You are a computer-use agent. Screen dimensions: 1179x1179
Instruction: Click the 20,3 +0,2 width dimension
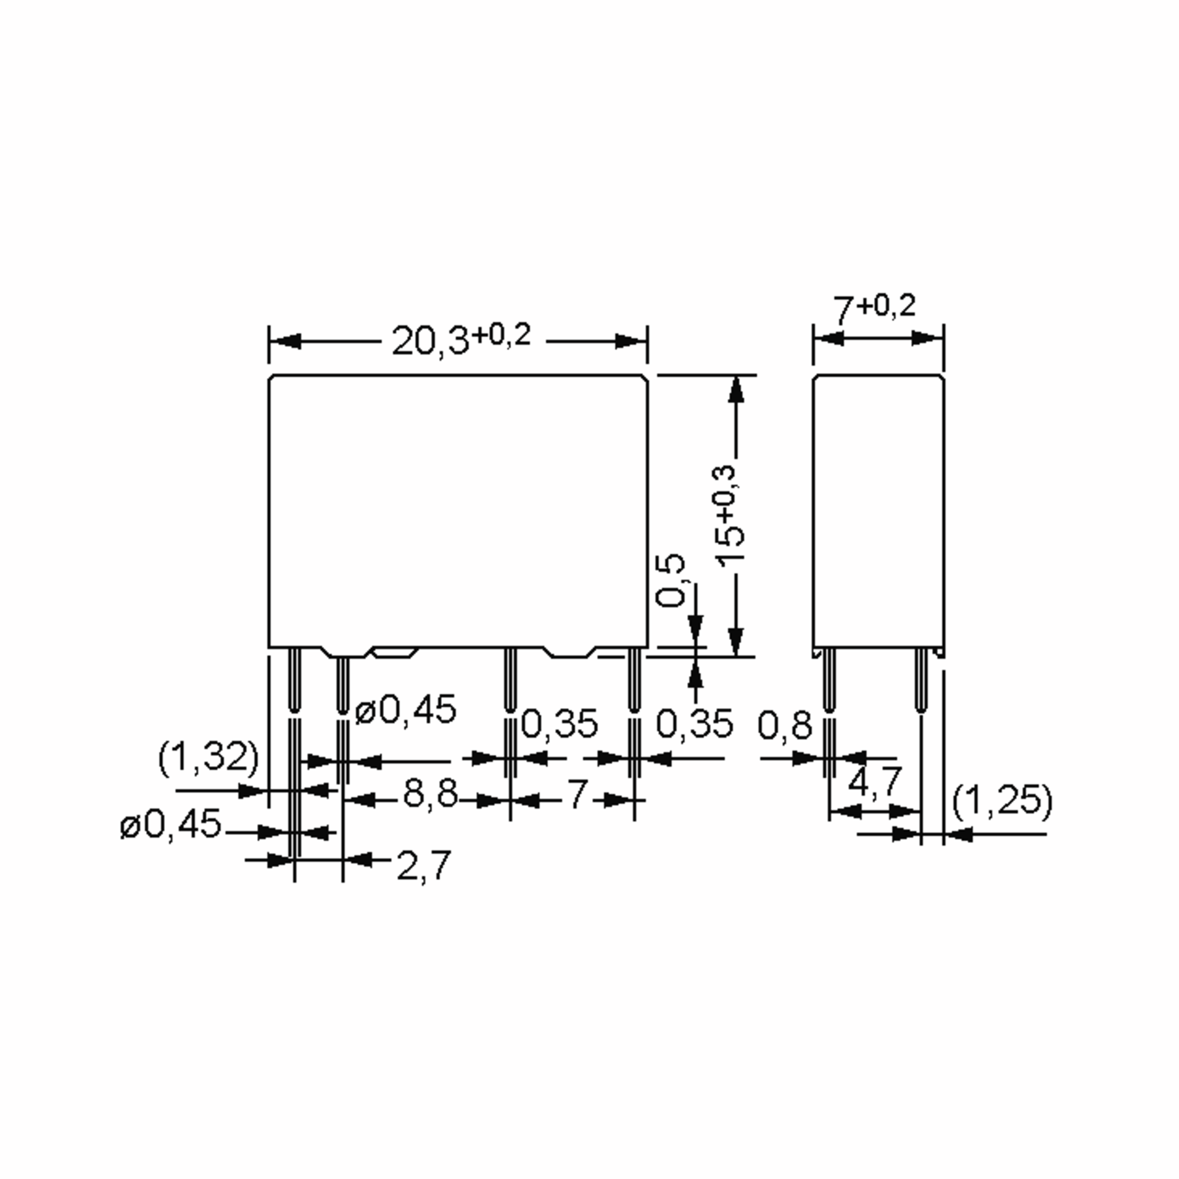[461, 339]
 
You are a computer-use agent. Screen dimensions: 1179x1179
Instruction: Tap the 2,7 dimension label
[423, 865]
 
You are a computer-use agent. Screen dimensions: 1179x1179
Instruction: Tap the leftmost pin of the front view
[294, 680]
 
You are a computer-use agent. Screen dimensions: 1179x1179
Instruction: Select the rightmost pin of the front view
[635, 680]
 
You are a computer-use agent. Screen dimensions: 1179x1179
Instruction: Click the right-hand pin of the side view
[920, 680]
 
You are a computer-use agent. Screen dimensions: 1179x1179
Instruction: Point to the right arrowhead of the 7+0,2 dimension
[925, 337]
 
